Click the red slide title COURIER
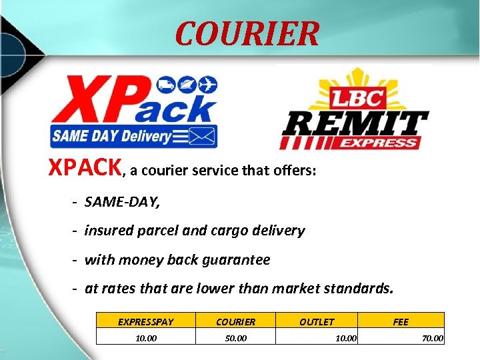pos(247,33)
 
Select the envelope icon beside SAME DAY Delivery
pos(203,136)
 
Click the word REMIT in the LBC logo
pos(354,123)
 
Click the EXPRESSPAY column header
pos(145,322)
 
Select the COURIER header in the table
pos(235,322)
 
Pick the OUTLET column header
pos(317,322)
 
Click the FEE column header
pos(401,322)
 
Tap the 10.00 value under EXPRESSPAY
pos(146,338)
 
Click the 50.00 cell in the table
pos(235,338)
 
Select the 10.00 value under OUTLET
pos(345,339)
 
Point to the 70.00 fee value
pos(432,339)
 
